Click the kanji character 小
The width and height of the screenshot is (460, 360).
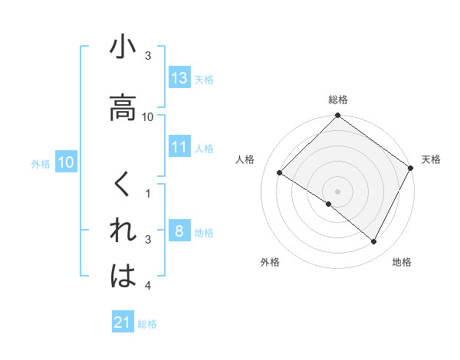coord(123,47)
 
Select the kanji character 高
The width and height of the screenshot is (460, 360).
coord(123,108)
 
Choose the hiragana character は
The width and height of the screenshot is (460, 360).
coord(123,277)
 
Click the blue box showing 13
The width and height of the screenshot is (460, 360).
coord(179,78)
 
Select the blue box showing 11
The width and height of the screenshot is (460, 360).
coord(179,147)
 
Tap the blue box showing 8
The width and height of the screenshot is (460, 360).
coord(179,231)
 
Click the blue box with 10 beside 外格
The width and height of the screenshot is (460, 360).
coord(66,162)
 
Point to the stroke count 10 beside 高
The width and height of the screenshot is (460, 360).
coord(148,116)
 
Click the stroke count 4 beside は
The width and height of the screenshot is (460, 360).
coord(148,286)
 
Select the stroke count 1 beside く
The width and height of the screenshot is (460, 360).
coord(148,194)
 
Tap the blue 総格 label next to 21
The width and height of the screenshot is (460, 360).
coord(147,324)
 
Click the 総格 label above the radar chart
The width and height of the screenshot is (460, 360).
coord(338,100)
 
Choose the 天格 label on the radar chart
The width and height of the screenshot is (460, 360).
coord(431,159)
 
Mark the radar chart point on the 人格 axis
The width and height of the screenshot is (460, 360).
coord(280,172)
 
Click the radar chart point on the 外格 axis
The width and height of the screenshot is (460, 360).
coord(329,205)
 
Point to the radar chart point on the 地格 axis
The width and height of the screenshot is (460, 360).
coord(374,242)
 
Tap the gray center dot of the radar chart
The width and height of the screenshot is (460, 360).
coord(338,191)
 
